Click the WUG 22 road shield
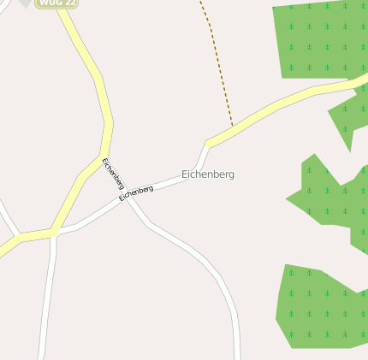point(56,3)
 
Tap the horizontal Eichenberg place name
point(208,174)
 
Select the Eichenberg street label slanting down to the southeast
point(113,174)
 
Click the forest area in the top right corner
point(317,38)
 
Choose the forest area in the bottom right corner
point(321,308)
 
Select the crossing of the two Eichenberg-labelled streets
point(127,198)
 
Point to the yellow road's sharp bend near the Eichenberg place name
point(208,143)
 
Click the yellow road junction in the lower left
point(53,233)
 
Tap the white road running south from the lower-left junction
point(48,299)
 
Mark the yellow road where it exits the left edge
point(3,251)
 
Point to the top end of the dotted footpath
point(201,3)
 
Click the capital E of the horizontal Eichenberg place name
point(185,174)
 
